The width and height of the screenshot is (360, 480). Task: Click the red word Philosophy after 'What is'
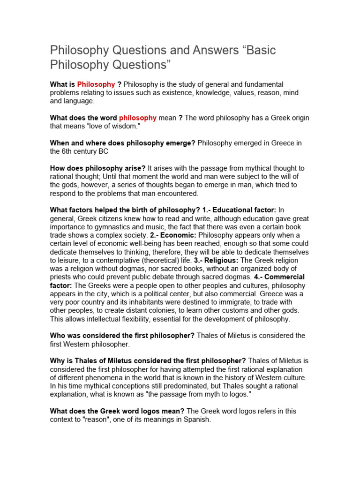click(96, 84)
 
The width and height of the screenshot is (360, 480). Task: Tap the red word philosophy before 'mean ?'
click(138, 118)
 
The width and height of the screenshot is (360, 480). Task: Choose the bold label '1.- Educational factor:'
click(240, 210)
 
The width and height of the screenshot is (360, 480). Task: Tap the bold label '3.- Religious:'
click(217, 260)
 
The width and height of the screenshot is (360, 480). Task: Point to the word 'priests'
click(62, 277)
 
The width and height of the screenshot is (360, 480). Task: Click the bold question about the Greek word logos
click(117, 411)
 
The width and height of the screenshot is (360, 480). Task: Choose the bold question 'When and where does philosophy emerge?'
click(122, 143)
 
